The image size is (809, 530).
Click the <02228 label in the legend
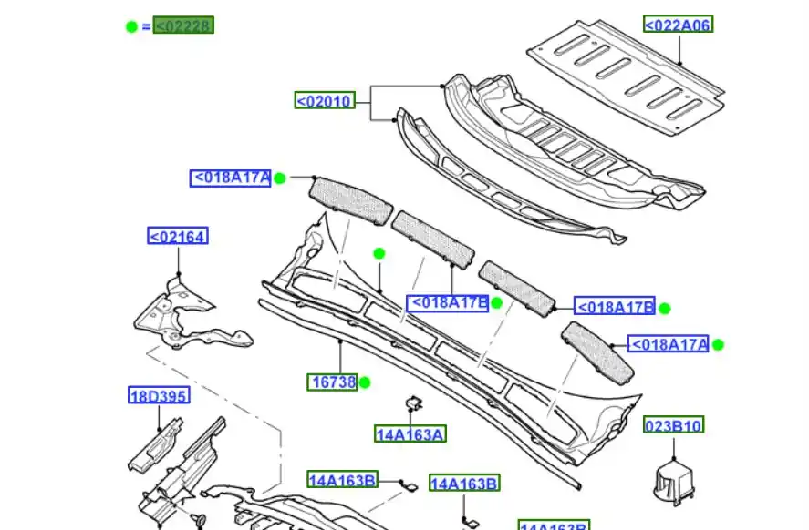point(183,25)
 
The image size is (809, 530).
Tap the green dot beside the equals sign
point(131,26)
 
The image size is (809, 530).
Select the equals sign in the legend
point(146,26)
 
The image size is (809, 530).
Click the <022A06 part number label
point(678,25)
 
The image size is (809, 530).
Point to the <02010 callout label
point(324,101)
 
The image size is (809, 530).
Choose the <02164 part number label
point(178,237)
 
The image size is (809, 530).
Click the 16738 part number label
point(332,382)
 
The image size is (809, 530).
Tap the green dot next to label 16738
point(365,382)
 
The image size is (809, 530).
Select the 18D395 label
point(158,395)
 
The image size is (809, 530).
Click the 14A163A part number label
point(410,434)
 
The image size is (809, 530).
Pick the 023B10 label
point(674,425)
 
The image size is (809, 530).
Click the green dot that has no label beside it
point(379,253)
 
